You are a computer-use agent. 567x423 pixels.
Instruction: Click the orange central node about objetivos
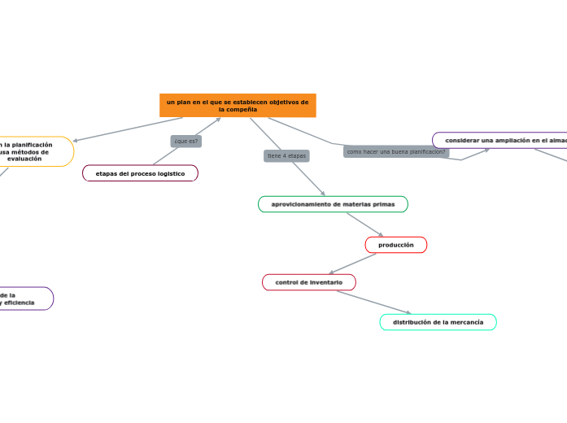[x=238, y=105]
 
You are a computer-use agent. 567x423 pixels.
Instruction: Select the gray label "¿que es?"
[x=186, y=141]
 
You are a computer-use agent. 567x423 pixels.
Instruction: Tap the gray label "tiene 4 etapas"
[x=286, y=155]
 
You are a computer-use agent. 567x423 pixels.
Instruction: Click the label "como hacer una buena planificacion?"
[x=396, y=152]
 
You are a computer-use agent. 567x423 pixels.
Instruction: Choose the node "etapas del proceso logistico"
[x=140, y=173]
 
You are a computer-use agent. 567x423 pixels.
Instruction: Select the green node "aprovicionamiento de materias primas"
[x=333, y=204]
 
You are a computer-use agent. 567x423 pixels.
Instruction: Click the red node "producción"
[x=396, y=245]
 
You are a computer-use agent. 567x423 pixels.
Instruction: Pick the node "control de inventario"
[x=309, y=282]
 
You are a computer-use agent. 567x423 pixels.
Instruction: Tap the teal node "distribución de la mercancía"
[x=438, y=322]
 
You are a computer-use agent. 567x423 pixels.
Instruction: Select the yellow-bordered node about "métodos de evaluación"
[x=33, y=151]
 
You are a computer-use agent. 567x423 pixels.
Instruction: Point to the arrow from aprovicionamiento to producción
[x=364, y=225]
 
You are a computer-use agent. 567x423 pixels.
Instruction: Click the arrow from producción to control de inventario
[x=353, y=264]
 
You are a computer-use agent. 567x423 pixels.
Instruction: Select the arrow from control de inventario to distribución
[x=374, y=302]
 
